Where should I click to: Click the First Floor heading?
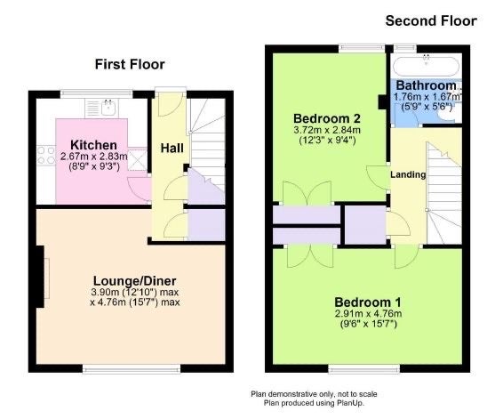pyautogui.click(x=130, y=64)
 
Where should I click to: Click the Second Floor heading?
pyautogui.click(x=431, y=20)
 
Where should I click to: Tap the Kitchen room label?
pyautogui.click(x=93, y=145)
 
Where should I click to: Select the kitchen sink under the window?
pyautogui.click(x=108, y=108)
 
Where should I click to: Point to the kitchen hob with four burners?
pyautogui.click(x=46, y=155)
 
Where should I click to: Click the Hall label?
pyautogui.click(x=172, y=148)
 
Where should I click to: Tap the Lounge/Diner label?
pyautogui.click(x=134, y=281)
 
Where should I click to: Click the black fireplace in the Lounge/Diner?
pyautogui.click(x=40, y=277)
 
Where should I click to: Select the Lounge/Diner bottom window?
pyautogui.click(x=132, y=369)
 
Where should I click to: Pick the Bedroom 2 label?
pyautogui.click(x=327, y=118)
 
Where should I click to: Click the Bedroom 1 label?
pyautogui.click(x=368, y=302)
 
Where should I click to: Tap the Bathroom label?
pyautogui.click(x=426, y=85)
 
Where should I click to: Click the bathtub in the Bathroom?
pyautogui.click(x=427, y=66)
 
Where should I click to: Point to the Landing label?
pyautogui.click(x=408, y=174)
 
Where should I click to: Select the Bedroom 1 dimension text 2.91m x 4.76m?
pyautogui.click(x=368, y=313)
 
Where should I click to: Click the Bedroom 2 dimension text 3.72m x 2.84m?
pyautogui.click(x=327, y=130)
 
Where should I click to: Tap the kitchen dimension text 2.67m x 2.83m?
pyautogui.click(x=94, y=157)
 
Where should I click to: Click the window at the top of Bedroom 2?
pyautogui.click(x=363, y=48)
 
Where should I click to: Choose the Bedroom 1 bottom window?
pyautogui.click(x=364, y=369)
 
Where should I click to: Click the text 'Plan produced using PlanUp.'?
pyautogui.click(x=314, y=403)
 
